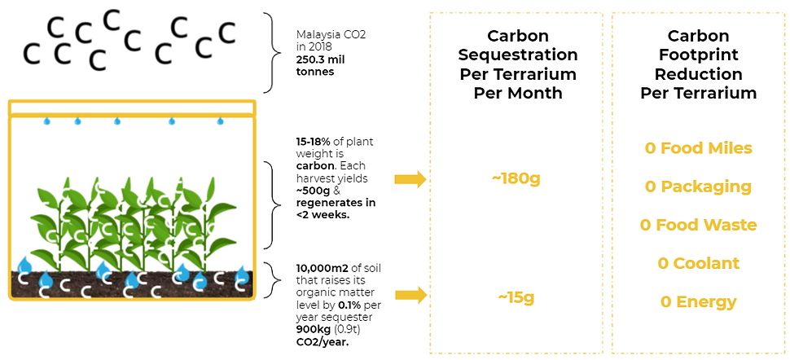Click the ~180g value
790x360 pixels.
(x=516, y=179)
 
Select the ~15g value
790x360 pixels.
(x=516, y=298)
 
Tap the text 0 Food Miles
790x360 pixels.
(x=698, y=148)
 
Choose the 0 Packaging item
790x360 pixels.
(x=698, y=187)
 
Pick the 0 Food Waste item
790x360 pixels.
(x=698, y=225)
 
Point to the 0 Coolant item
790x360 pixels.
(x=698, y=263)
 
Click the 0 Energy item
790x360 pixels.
(x=698, y=302)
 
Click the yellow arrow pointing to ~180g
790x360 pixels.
(x=410, y=179)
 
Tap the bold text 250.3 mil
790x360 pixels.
(x=320, y=59)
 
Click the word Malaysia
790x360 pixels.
(x=315, y=35)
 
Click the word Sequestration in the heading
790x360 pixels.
(x=519, y=55)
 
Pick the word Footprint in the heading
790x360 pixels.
(x=698, y=55)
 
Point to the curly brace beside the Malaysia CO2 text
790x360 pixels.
(x=273, y=52)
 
